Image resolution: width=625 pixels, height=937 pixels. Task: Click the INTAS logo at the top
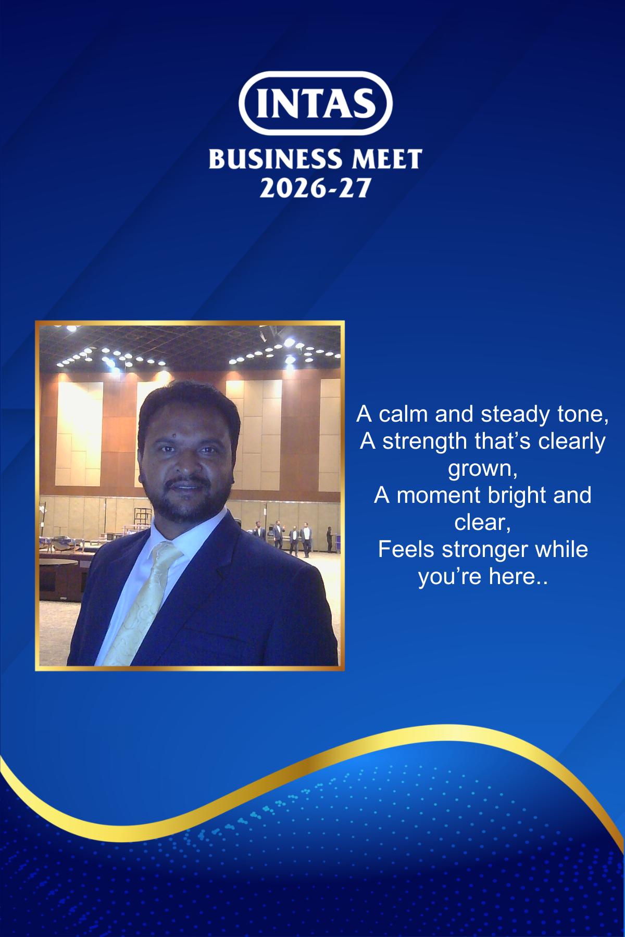tap(315, 104)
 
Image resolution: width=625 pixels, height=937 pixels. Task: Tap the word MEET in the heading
tap(386, 159)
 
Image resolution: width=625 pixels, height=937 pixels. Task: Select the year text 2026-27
tap(315, 188)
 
